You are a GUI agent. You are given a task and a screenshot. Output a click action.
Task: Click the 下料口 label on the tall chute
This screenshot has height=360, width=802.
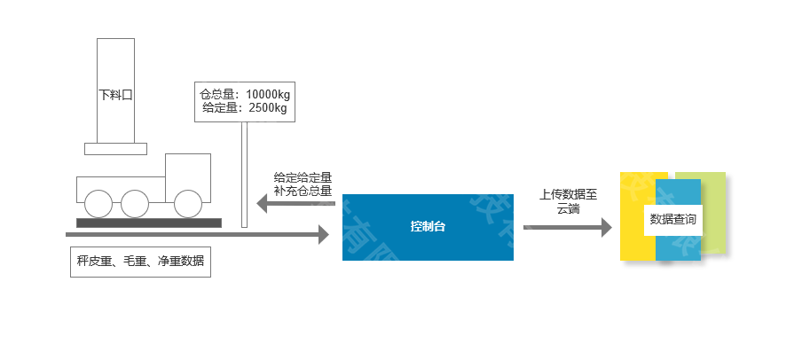(115, 93)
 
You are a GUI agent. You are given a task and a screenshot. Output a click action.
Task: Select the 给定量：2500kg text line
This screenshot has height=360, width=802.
(245, 108)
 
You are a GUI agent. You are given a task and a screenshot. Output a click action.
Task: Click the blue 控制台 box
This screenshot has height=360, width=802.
(428, 226)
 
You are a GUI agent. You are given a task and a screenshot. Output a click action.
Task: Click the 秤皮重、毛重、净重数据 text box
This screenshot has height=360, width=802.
(140, 262)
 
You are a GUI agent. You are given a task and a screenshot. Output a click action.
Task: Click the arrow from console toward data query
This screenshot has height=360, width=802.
(568, 227)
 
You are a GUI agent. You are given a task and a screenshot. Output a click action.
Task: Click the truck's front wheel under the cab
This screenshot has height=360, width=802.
(188, 204)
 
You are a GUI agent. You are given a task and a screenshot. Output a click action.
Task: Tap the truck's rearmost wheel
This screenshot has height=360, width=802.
(98, 204)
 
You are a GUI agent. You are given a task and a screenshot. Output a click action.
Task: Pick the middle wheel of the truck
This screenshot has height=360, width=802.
(135, 204)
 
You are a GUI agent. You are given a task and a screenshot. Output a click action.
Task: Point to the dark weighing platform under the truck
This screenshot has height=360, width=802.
(148, 223)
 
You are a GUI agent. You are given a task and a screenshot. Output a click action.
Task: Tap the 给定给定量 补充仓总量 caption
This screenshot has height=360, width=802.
(303, 184)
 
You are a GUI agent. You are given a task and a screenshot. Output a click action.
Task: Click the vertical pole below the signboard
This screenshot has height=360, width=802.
(244, 174)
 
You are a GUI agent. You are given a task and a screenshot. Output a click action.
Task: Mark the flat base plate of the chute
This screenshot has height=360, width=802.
(115, 148)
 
